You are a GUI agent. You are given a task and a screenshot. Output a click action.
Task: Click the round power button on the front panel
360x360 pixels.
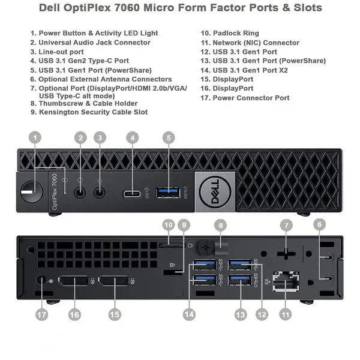coord(32,192)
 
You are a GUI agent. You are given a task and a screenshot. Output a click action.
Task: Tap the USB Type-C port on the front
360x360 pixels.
coord(132,194)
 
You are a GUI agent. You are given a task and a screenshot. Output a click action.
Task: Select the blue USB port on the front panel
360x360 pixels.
coord(168,193)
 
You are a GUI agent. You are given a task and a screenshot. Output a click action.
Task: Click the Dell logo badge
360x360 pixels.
coord(215,192)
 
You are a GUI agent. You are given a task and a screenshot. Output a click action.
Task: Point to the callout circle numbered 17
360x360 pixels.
coord(42,314)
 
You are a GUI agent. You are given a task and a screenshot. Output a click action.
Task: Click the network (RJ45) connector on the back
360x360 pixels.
coord(286,281)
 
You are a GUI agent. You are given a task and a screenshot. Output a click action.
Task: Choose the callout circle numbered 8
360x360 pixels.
coord(220,225)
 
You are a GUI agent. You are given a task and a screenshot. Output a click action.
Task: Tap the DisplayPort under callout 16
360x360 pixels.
coord(73,281)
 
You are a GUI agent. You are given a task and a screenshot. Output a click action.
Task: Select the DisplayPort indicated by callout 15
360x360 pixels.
coord(113,281)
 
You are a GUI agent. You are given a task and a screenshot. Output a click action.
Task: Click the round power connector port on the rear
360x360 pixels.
coord(41,280)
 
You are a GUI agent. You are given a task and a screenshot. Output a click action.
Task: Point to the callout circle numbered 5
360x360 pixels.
coord(169,138)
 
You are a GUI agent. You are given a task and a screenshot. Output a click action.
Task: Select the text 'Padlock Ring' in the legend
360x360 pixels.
coord(236,33)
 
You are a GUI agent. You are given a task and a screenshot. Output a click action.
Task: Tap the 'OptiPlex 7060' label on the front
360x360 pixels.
coord(55,192)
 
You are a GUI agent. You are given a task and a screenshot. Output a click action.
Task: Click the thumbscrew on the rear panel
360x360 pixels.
coord(205,247)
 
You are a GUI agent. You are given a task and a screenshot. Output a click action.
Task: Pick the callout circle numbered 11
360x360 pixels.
coord(286,314)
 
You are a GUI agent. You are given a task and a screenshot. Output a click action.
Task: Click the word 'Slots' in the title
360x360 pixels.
coord(308,8)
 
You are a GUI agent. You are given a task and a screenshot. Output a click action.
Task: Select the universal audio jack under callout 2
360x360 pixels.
coord(80,193)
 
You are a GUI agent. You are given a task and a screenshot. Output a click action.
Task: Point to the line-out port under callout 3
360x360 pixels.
coord(100,193)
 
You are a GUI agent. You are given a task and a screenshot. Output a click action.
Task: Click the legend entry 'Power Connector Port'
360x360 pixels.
coord(251,98)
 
